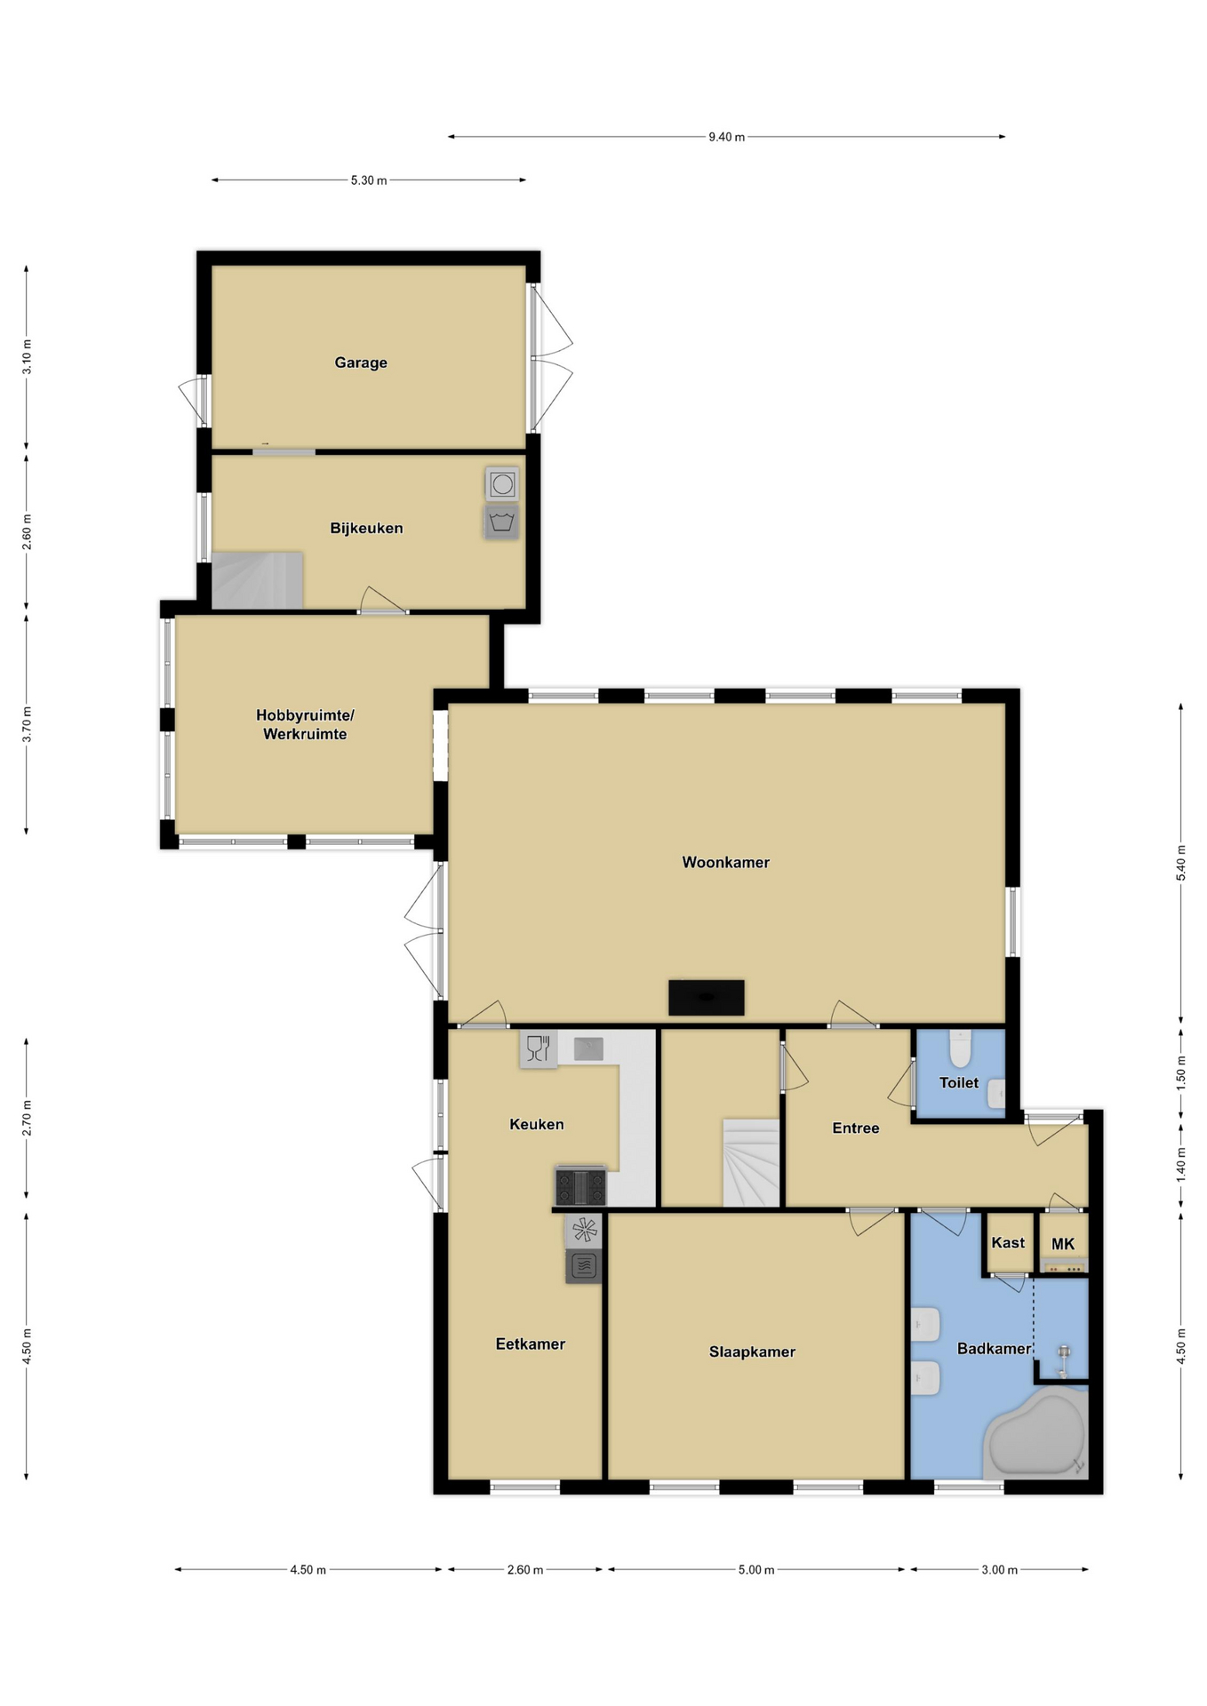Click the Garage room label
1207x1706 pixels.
[x=361, y=363]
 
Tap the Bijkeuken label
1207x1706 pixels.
[x=366, y=528]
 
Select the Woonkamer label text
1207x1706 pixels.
[x=725, y=862]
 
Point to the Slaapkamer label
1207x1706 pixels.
[x=752, y=1351]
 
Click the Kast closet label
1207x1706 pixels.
[x=1008, y=1242]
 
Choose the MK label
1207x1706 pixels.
[x=1063, y=1244]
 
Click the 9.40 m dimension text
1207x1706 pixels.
[x=726, y=137]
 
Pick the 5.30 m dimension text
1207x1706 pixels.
[x=369, y=180]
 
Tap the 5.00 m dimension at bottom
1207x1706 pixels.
[x=756, y=1570]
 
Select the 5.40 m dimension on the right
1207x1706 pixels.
[x=1181, y=863]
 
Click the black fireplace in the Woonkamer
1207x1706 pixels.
[x=707, y=997]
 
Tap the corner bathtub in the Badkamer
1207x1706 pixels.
[x=1036, y=1435]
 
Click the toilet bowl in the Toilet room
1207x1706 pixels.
[x=960, y=1048]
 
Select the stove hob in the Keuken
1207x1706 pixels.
[x=580, y=1186]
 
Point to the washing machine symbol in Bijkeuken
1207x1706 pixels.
[x=502, y=522]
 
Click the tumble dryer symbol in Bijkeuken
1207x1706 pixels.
[x=502, y=484]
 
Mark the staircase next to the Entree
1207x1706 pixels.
[x=751, y=1163]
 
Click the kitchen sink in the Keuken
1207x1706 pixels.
[x=588, y=1049]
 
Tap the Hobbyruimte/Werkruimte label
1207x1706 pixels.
[x=305, y=724]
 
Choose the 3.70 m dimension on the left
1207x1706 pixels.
[x=27, y=724]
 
